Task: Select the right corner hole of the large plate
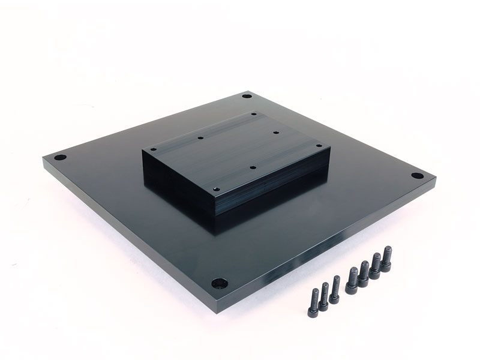click(416, 176)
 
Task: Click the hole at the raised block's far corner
click(254, 113)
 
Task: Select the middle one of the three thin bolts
click(324, 295)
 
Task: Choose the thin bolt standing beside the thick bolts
click(335, 289)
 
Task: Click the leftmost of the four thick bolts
click(352, 280)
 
